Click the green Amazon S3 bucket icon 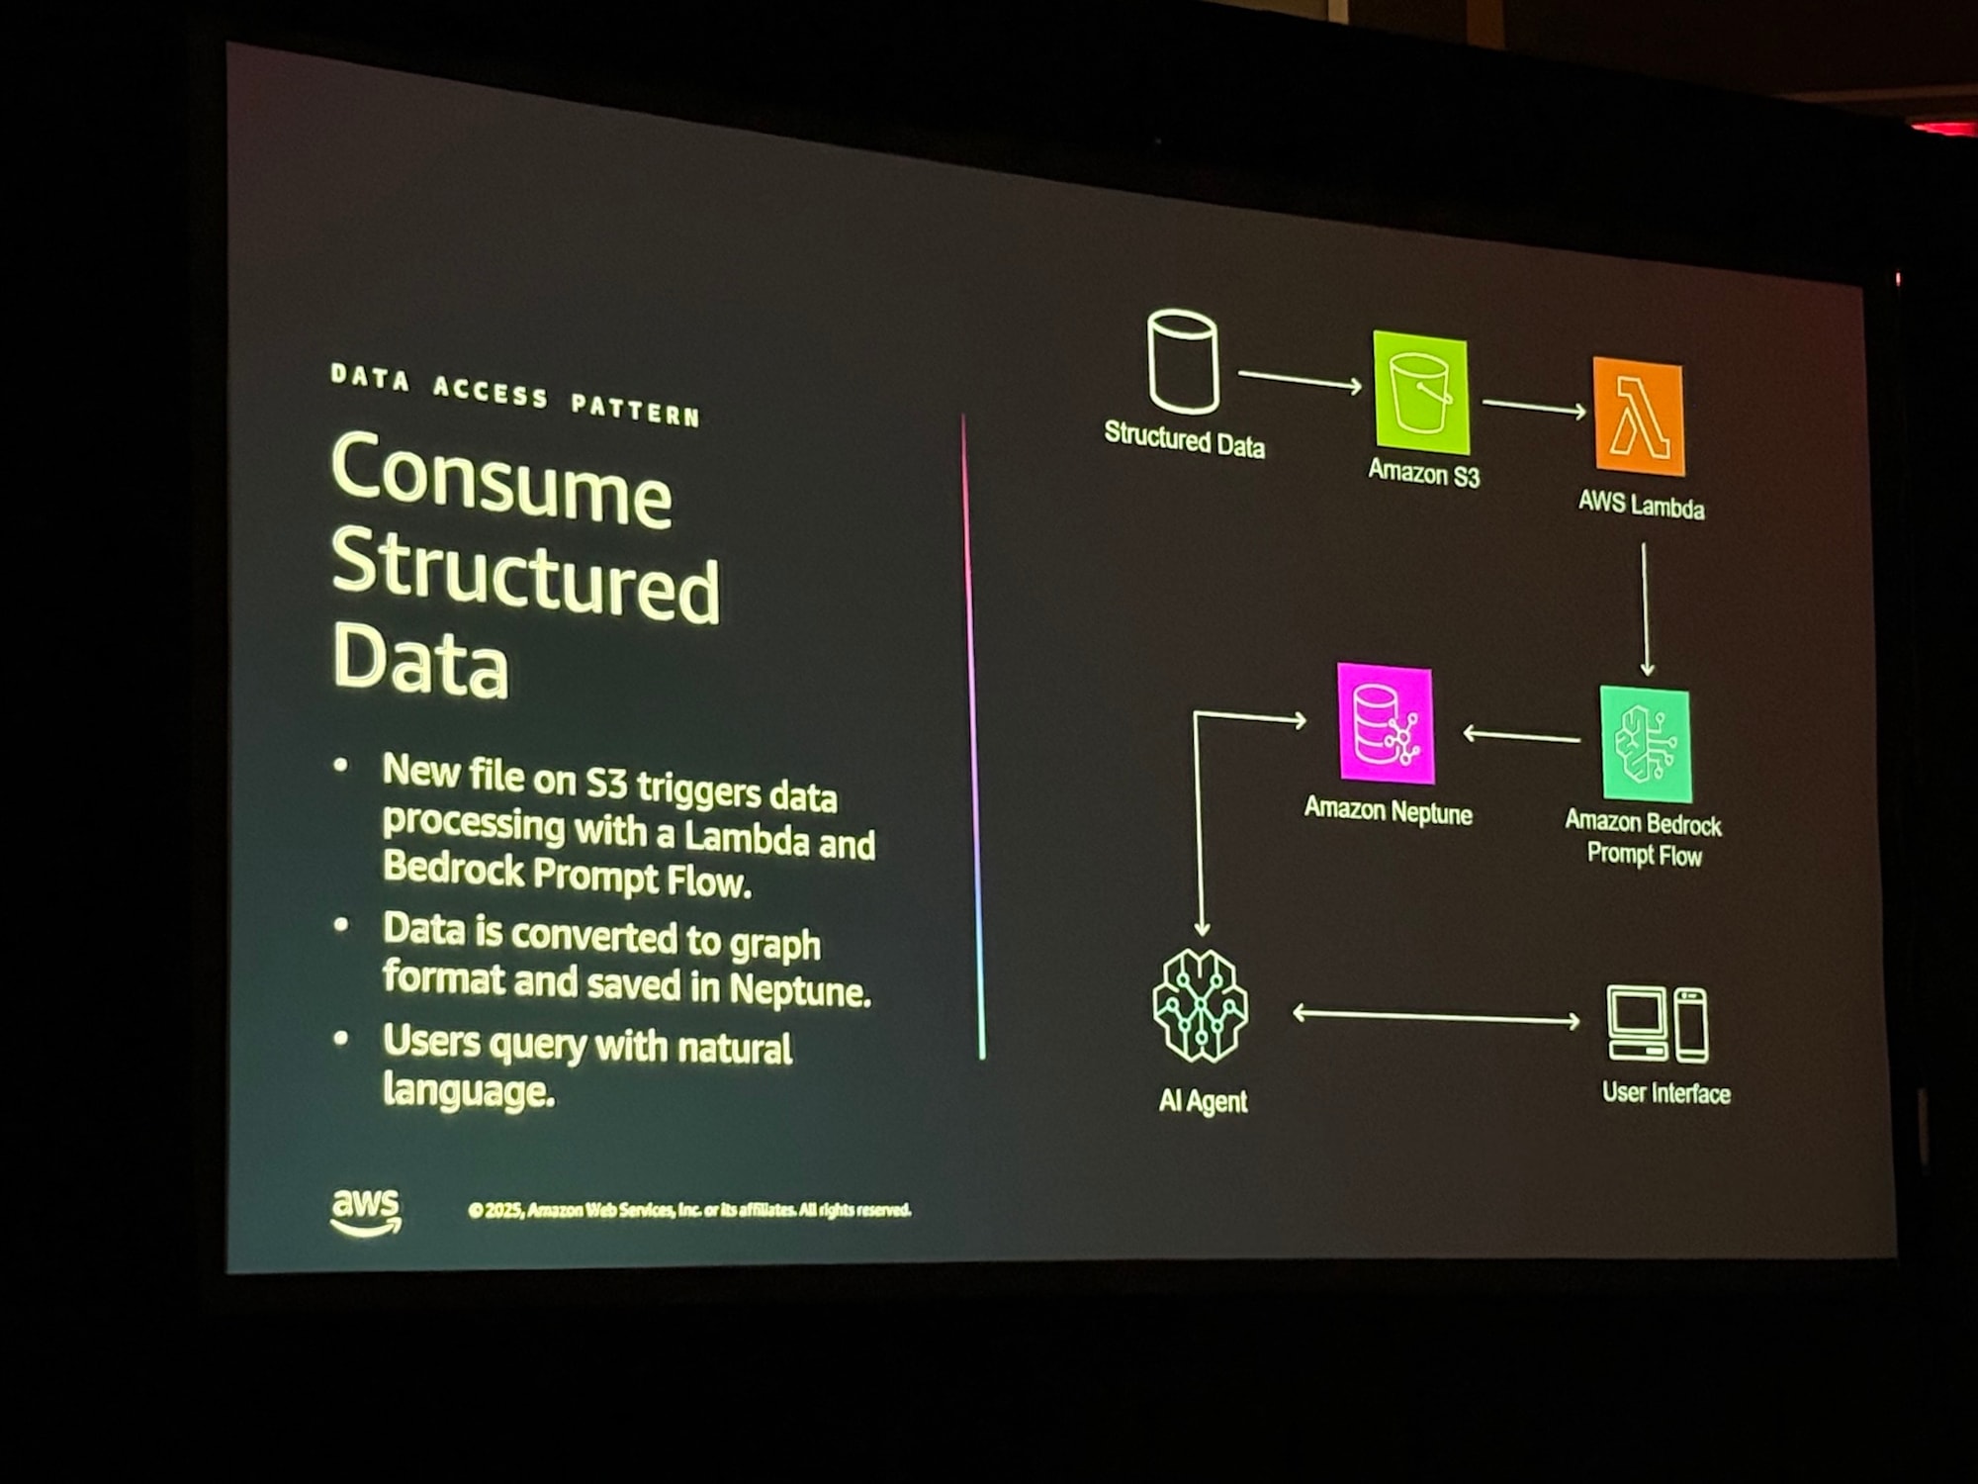point(1420,394)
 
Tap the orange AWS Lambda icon point(1639,417)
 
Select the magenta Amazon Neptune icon point(1385,724)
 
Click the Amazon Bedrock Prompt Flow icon point(1646,745)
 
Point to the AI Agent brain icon point(1201,1006)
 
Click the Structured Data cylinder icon point(1183,361)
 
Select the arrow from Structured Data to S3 point(1300,380)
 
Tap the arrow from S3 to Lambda point(1534,407)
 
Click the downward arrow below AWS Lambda point(1646,608)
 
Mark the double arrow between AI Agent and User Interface point(1436,1016)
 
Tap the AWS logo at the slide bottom point(366,1212)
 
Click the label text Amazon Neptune point(1388,811)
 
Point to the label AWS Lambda point(1641,505)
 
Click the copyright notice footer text point(689,1210)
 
